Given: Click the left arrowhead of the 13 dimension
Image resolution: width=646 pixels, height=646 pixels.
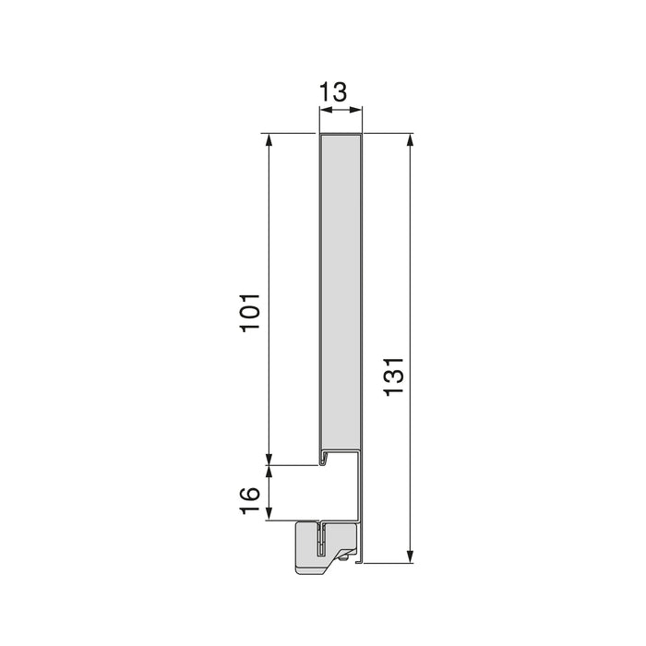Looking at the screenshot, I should [323, 111].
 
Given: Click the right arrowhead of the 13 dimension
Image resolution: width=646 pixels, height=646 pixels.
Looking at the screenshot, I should [360, 111].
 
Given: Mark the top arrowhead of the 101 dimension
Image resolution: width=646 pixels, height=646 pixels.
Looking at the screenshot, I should [269, 140].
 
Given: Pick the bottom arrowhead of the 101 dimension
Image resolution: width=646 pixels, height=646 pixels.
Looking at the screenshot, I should [269, 459].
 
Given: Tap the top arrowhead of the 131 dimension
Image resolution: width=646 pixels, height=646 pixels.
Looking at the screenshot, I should [410, 140].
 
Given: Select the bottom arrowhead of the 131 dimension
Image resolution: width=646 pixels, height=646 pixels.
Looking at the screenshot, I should [410, 556].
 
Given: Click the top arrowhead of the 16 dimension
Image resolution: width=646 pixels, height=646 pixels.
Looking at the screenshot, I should [269, 471].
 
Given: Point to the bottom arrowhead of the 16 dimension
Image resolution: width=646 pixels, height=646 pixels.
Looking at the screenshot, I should [269, 515].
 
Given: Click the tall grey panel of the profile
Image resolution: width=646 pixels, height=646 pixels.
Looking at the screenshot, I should [341, 295].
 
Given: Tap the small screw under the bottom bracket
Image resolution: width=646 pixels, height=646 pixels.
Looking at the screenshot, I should [345, 556].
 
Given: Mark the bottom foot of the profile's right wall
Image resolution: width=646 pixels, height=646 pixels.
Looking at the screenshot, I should [362, 559].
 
